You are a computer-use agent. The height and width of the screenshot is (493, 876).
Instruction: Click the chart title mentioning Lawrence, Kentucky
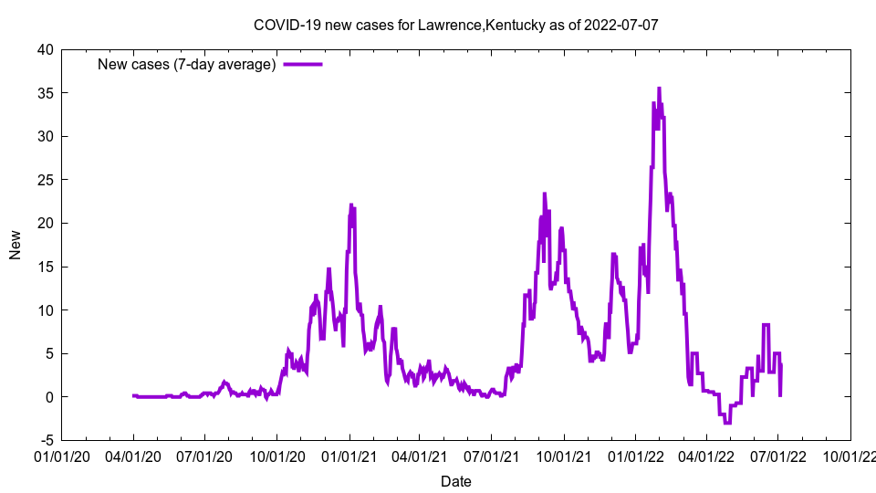point(455,25)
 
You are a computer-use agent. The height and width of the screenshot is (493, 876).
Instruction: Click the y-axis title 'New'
point(16,245)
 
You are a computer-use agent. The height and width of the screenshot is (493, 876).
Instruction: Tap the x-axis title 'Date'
point(455,481)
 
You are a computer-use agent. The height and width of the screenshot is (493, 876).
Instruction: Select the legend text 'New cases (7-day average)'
point(187,64)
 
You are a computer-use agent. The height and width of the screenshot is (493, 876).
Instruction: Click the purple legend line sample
point(303,64)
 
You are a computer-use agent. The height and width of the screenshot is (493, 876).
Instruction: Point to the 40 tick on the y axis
point(44,50)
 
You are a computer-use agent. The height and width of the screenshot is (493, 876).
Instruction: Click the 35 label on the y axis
point(44,93)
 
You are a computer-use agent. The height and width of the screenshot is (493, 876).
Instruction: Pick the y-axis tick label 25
point(44,180)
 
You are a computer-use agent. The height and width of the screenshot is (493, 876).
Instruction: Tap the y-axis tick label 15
point(44,267)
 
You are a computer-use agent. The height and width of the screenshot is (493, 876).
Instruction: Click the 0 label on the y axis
point(48,397)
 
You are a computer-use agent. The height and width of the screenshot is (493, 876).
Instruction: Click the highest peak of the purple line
point(659,89)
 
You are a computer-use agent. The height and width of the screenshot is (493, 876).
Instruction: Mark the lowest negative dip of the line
point(727,423)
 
